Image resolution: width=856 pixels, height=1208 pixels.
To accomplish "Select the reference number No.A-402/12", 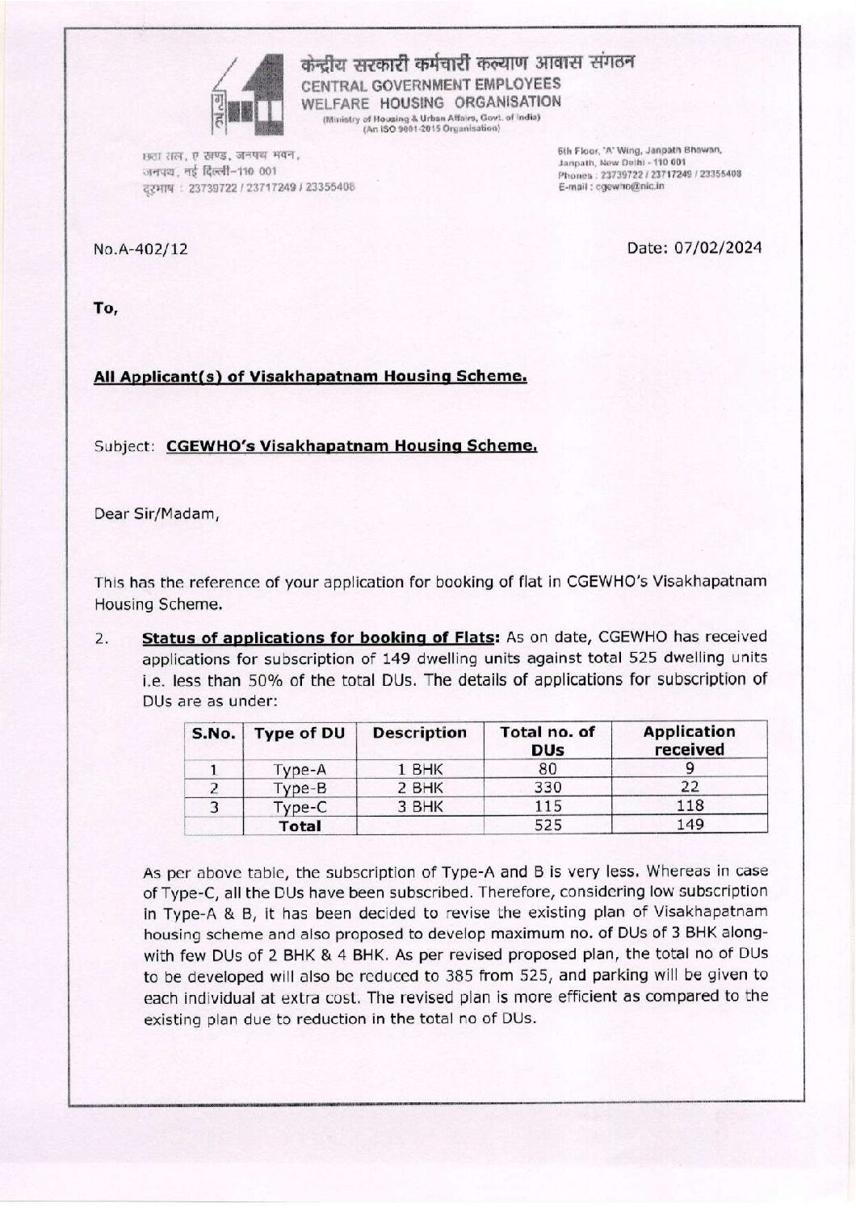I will coord(141,249).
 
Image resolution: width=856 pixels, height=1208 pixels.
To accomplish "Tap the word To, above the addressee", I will coord(106,307).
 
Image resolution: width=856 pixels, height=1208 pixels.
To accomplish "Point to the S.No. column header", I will coord(214,734).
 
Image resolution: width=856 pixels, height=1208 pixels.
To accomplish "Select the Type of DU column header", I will coord(300,734).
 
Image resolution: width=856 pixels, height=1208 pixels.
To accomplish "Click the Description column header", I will coord(420,733).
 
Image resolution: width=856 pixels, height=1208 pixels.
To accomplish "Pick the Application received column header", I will coord(689,741).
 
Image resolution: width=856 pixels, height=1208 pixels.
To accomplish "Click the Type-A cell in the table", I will coord(300,770).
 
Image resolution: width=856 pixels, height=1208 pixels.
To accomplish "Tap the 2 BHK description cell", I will coord(420,788).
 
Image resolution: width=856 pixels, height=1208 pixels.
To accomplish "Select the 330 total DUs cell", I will coord(548,788).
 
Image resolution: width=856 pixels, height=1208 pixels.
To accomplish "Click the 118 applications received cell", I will coord(689,805).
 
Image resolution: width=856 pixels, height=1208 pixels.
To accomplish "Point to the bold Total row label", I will coord(300,826).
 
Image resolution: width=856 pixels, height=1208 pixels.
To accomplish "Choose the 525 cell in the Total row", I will coord(548,825).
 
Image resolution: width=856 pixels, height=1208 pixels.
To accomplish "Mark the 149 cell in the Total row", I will coord(689,825).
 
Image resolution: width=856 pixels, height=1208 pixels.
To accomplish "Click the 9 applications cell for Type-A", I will coord(689,770).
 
